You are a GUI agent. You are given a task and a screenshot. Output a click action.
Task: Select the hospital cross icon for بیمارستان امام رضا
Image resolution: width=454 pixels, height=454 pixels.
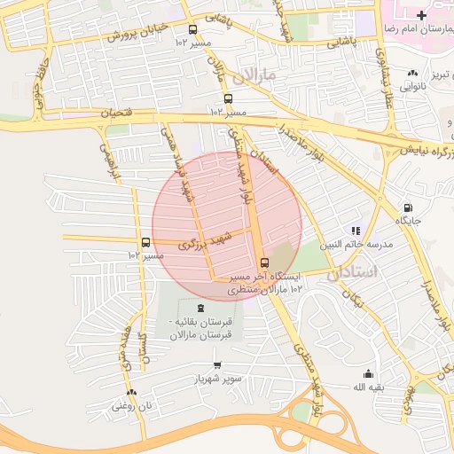tap(420, 16)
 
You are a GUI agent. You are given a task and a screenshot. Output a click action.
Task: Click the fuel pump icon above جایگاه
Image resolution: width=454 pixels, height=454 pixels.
tap(407, 207)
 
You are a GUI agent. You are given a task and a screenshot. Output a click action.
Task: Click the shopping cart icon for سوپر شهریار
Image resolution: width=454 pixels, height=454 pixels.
tap(217, 365)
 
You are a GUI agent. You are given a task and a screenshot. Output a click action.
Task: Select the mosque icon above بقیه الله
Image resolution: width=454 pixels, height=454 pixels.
tap(367, 374)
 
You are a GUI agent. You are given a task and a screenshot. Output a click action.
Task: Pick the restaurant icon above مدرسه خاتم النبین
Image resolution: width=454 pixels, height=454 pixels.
tap(356, 231)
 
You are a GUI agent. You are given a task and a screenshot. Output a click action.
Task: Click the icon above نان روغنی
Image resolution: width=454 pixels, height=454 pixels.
tap(131, 391)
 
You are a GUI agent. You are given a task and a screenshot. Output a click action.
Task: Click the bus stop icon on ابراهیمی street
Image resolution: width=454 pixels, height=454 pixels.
tap(145, 242)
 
